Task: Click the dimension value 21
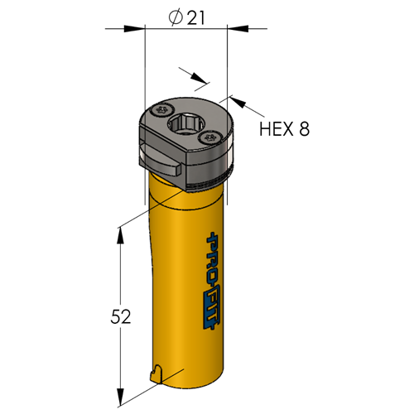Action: pos(196,18)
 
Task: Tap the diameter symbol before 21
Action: pos(176,18)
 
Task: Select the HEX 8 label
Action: pos(285,128)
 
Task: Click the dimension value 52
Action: pos(120,316)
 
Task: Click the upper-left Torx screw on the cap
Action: pos(162,112)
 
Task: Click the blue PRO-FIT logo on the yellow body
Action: pos(214,280)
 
